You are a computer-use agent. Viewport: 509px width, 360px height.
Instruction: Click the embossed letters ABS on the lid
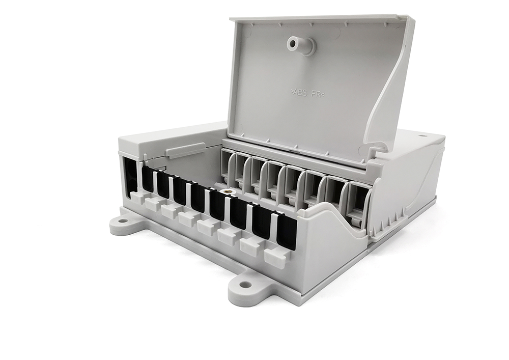pos(300,93)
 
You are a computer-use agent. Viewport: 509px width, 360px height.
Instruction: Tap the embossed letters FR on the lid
pos(316,94)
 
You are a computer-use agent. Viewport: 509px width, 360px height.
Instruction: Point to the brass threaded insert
pos(227,191)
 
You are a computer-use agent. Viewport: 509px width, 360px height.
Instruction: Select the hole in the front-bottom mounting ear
pos(242,284)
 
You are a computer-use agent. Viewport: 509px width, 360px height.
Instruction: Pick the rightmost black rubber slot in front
pos(287,233)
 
